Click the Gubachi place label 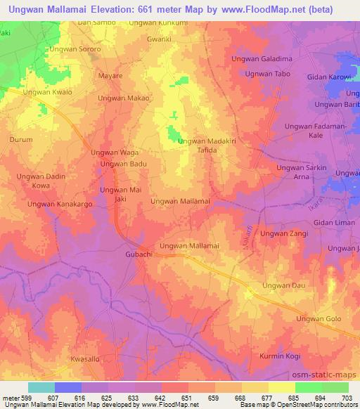139,254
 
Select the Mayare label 111,74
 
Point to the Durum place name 20,140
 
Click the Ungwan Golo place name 319,319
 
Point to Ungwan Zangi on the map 284,233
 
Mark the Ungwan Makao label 124,98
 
